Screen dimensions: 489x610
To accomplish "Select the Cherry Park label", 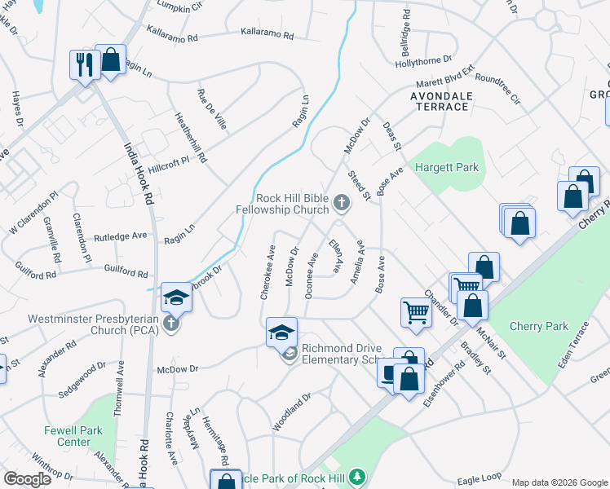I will tap(538, 327).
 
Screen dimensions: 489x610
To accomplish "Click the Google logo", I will tap(28, 479).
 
